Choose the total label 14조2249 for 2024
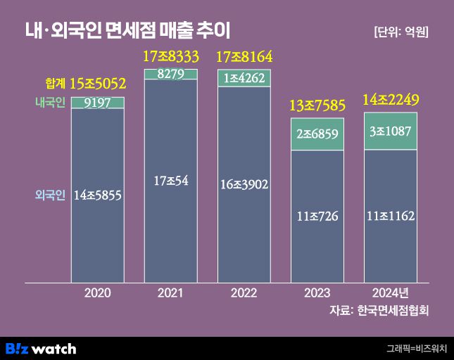tap(391, 99)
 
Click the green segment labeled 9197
tap(98, 103)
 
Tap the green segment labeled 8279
tap(171, 74)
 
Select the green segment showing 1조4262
tap(244, 78)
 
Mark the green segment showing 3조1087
tap(391, 131)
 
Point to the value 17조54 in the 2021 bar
tap(171, 181)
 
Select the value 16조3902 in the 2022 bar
tap(244, 185)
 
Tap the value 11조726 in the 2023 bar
tap(317, 216)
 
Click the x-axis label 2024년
tap(391, 292)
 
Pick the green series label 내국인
tap(50, 103)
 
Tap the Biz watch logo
tap(41, 348)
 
